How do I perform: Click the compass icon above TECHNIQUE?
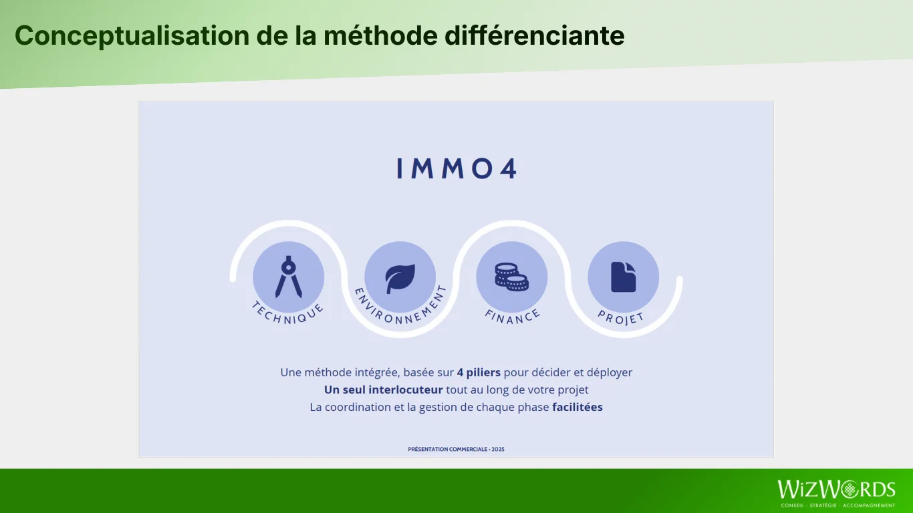(x=289, y=277)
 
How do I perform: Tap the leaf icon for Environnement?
(x=400, y=279)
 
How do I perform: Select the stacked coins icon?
(x=511, y=277)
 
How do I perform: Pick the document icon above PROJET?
(x=623, y=277)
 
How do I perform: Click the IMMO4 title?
(x=457, y=169)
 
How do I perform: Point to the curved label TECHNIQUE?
(x=288, y=314)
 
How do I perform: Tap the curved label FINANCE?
(x=513, y=317)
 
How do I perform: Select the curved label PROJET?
(x=621, y=318)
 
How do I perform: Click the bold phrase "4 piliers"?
(x=479, y=373)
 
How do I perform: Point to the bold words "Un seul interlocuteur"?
(x=383, y=390)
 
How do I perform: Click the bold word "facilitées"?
(x=577, y=407)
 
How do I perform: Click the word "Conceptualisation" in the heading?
(x=132, y=36)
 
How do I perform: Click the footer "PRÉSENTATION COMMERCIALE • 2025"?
(x=456, y=449)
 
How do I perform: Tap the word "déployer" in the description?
(x=610, y=373)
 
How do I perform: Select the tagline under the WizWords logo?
(x=838, y=505)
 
